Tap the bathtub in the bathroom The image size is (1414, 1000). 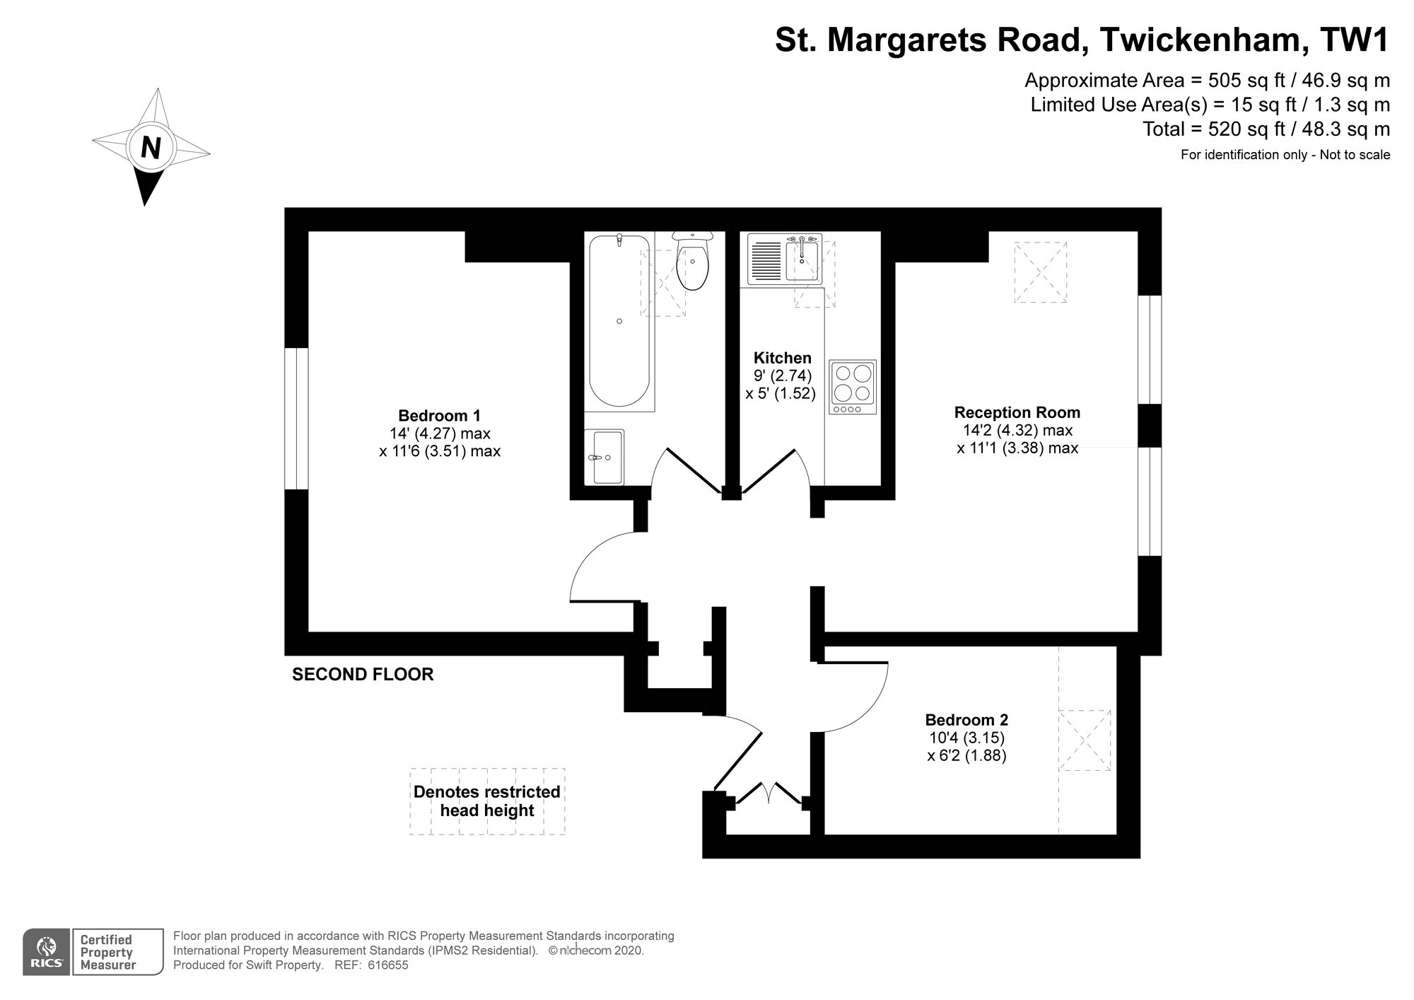pos(619,322)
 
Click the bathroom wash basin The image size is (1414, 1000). pos(604,457)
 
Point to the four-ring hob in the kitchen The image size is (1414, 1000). pos(853,387)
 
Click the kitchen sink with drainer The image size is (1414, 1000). pos(784,260)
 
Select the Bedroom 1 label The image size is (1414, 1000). pos(439,416)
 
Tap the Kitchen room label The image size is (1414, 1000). pos(783,358)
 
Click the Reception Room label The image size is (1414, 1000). pos(1017,412)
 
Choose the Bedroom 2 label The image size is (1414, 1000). pos(966,720)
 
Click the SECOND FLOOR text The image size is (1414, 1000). pos(363,675)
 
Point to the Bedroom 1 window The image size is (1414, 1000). pos(297,418)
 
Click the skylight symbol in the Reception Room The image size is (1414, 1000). pos(1041,272)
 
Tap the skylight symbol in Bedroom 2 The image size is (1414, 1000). pos(1085,740)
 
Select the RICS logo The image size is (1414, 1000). pos(47,952)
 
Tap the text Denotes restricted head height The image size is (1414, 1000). pos(487,801)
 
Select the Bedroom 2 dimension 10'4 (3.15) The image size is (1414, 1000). pos(966,738)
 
